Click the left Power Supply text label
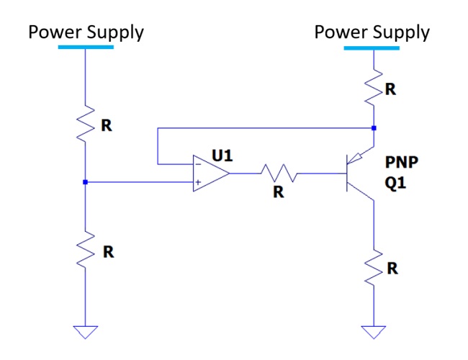pyautogui.click(x=86, y=32)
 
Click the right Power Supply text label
pyautogui.click(x=372, y=32)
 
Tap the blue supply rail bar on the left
pyautogui.click(x=86, y=47)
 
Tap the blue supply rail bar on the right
pyautogui.click(x=372, y=48)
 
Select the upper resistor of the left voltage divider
pyautogui.click(x=86, y=124)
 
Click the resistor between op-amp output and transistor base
pyautogui.click(x=277, y=173)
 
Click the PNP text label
pyautogui.click(x=402, y=163)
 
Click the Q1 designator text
pyautogui.click(x=396, y=184)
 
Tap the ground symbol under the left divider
pyautogui.click(x=86, y=332)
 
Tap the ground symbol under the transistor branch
pyautogui.click(x=373, y=332)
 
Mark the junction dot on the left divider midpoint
pyautogui.click(x=86, y=182)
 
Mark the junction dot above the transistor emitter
pyautogui.click(x=373, y=128)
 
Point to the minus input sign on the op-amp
pyautogui.click(x=196, y=164)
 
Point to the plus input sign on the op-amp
pyautogui.click(x=196, y=182)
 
